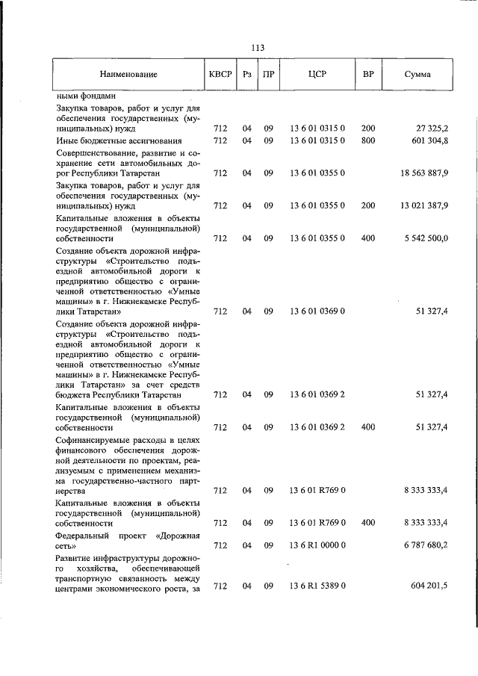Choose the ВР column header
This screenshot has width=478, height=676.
pos(367,75)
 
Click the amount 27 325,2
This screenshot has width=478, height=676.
pos(428,128)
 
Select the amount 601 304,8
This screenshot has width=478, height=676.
pos(426,140)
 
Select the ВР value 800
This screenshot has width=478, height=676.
pos(367,140)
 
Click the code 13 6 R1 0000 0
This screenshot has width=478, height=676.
pos(317,546)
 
